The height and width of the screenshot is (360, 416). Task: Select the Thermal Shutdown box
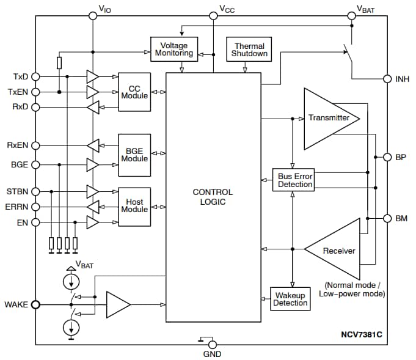pyautogui.click(x=249, y=49)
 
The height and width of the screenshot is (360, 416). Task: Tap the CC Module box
pyautogui.click(x=134, y=92)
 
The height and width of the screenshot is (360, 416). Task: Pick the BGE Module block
pyautogui.click(x=134, y=154)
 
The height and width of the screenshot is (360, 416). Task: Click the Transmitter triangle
pyautogui.click(x=327, y=118)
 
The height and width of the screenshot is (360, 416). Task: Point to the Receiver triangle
pyautogui.click(x=336, y=250)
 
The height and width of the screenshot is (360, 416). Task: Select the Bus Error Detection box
pyautogui.click(x=295, y=180)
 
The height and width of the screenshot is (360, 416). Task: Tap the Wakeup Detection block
pyautogui.click(x=290, y=299)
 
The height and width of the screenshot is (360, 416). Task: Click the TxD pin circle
pyautogui.click(x=35, y=76)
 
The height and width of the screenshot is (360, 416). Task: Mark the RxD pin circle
pyautogui.click(x=35, y=108)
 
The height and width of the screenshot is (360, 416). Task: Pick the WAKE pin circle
pyautogui.click(x=35, y=304)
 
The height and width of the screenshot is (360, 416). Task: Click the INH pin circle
pyautogui.click(x=387, y=79)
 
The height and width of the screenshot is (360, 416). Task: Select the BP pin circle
pyautogui.click(x=387, y=157)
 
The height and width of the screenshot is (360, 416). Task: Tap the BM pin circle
pyautogui.click(x=387, y=218)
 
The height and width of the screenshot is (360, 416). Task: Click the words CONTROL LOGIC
pyautogui.click(x=213, y=197)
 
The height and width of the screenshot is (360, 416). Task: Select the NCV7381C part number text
pyautogui.click(x=365, y=335)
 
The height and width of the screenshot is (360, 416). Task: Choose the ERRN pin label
pyautogui.click(x=16, y=207)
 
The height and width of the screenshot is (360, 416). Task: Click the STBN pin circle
pyautogui.click(x=35, y=191)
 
